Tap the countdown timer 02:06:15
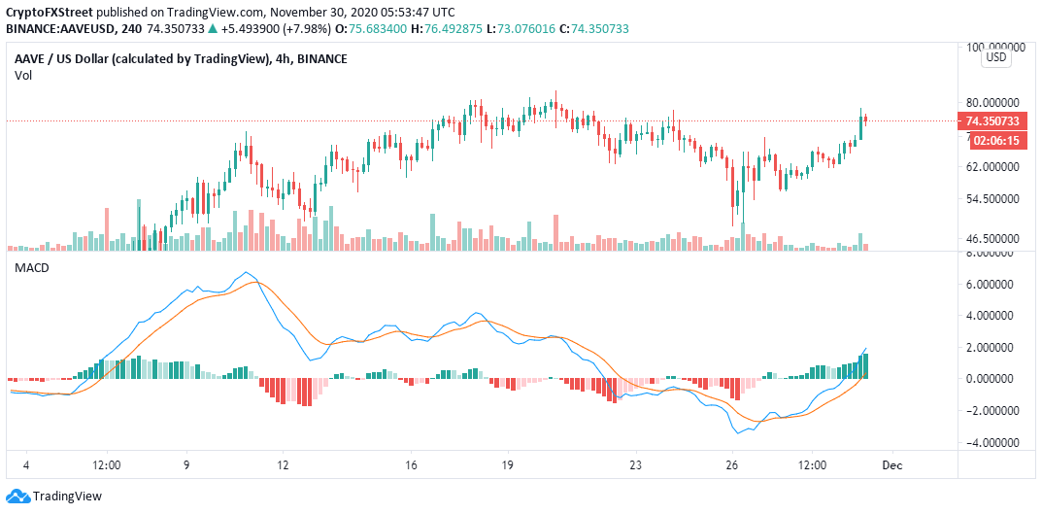point(992,140)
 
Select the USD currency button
point(996,58)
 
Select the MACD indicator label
point(31,266)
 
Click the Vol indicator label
point(23,75)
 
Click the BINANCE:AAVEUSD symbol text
point(58,28)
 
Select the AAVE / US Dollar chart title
point(140,59)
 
